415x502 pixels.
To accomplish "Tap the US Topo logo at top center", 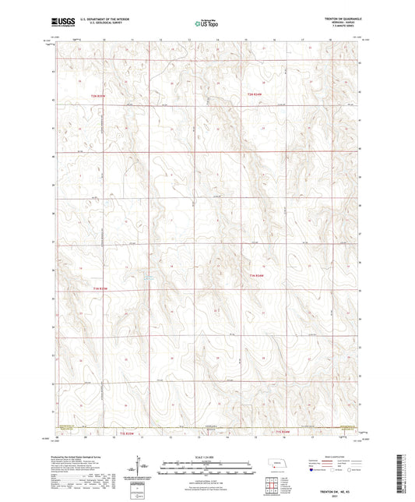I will click(206, 24).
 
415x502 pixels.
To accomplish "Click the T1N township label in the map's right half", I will click(258, 276).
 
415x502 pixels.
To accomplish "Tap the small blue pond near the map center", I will click(149, 277).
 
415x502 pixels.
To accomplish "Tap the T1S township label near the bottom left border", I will click(126, 432).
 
